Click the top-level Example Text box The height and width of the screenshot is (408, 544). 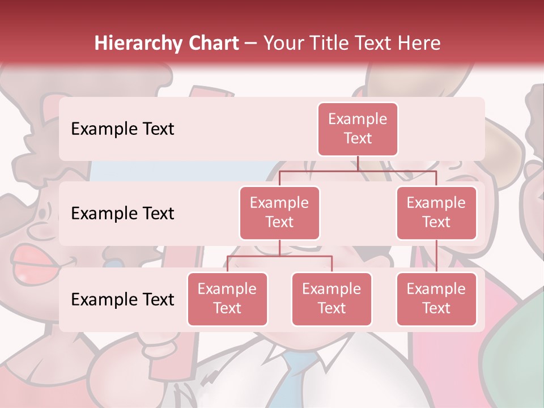[x=358, y=129]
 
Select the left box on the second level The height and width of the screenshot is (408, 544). [x=279, y=212]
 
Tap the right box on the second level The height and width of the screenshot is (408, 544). [x=436, y=212]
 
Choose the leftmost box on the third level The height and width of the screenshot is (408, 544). [x=227, y=299]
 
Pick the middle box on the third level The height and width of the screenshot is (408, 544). [x=331, y=299]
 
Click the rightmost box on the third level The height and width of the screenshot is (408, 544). [x=436, y=299]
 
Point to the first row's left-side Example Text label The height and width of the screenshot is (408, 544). [x=122, y=129]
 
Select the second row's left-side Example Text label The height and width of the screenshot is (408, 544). [x=122, y=213]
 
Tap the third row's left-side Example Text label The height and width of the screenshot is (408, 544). [x=122, y=299]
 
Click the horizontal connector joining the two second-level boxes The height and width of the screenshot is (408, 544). [x=358, y=171]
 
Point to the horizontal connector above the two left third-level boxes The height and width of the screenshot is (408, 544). [x=279, y=256]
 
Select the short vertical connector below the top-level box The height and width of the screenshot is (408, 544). [x=358, y=163]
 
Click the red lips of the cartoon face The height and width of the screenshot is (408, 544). [x=34, y=261]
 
